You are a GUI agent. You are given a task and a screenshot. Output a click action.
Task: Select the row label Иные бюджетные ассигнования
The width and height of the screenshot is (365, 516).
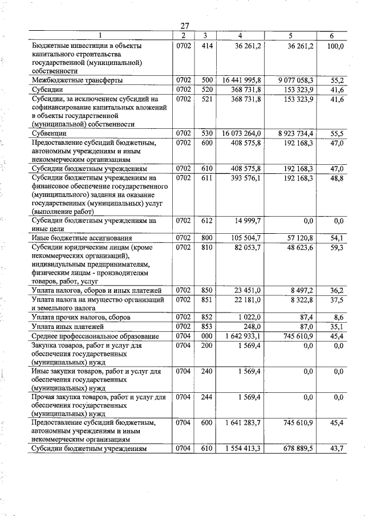pyautogui.click(x=82, y=238)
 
